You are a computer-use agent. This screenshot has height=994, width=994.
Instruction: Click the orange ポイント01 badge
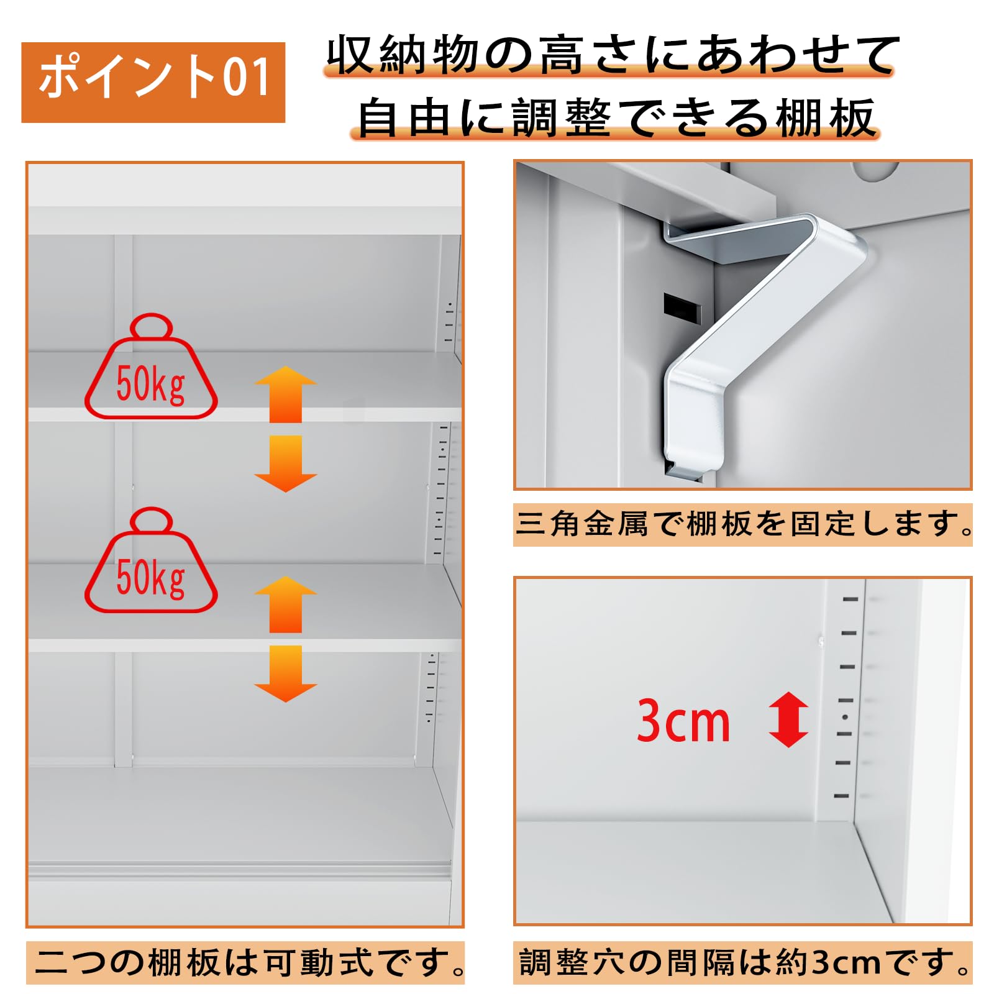tap(153, 82)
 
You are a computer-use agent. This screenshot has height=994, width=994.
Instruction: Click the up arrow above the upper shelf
tap(286, 394)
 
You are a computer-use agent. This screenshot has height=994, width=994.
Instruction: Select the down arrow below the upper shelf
tap(286, 463)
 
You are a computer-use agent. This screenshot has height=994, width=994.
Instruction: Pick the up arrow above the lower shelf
tap(286, 604)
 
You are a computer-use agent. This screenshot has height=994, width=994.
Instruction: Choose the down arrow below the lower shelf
tap(286, 673)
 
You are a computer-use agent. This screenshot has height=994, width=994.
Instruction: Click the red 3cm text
tap(683, 721)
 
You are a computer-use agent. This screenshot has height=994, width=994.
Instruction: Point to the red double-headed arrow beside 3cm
tap(788, 719)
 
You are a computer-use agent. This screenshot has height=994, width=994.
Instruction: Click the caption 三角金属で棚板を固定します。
tap(742, 524)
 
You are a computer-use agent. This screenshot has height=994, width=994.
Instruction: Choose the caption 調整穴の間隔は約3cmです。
tap(743, 962)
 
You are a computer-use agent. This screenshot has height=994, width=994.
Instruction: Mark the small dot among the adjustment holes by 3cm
tap(845, 717)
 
